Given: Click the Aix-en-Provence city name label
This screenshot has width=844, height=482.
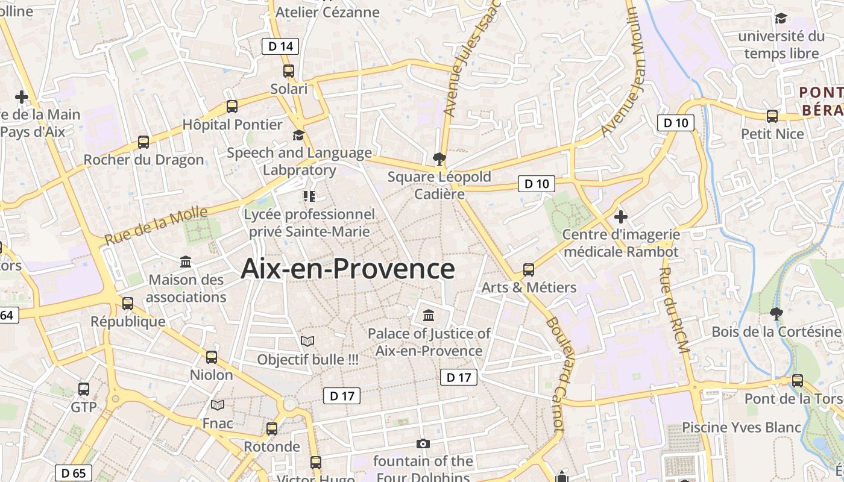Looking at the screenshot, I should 348,269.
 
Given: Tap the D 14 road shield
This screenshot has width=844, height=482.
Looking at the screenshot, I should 280,46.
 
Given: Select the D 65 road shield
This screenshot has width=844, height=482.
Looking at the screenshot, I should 74,473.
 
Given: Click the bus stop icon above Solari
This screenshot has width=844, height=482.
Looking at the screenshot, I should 289,70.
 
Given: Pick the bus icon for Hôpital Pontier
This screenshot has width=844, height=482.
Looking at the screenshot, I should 232,107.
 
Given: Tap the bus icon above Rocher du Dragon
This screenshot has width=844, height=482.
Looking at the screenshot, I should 143,142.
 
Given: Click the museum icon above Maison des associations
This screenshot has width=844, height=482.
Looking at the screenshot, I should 186,262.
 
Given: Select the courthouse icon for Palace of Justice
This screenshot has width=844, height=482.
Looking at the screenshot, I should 429,315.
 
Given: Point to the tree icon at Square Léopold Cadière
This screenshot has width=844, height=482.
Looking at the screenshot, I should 439,159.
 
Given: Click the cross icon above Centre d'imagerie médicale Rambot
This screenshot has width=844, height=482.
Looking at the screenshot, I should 621,216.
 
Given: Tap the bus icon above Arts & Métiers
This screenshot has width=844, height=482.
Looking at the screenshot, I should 529,269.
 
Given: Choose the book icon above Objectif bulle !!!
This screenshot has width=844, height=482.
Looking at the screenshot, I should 307,342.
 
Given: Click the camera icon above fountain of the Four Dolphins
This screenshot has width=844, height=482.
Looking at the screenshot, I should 423,444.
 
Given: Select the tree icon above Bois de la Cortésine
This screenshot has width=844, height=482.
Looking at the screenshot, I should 776,313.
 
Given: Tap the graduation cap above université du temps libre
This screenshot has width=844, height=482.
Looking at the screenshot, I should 781,19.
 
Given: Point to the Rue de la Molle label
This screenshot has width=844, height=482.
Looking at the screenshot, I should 156,225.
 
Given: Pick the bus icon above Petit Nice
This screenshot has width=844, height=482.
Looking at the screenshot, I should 772,116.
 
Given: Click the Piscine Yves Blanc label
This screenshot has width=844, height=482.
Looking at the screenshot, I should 742,427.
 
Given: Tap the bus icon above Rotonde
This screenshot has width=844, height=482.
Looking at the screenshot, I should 272,428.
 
